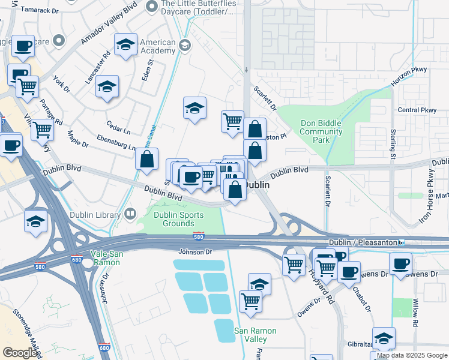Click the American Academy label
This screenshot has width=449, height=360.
click(157, 47)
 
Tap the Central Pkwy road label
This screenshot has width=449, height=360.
click(417, 110)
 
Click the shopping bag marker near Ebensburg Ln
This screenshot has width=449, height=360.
click(146, 160)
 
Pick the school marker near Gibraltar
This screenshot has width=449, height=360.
click(383, 338)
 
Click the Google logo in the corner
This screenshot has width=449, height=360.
click(20, 353)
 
